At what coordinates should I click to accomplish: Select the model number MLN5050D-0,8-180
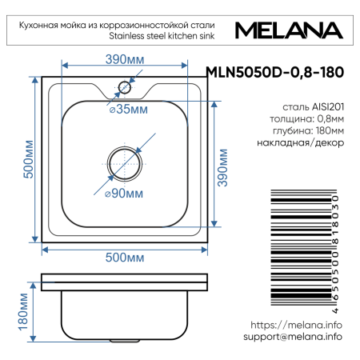click(275, 72)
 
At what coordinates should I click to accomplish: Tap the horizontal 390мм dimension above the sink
click(125, 58)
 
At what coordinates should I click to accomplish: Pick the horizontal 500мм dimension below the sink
click(125, 257)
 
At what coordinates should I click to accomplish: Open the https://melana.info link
click(296, 325)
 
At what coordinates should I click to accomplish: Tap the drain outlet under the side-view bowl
click(125, 340)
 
